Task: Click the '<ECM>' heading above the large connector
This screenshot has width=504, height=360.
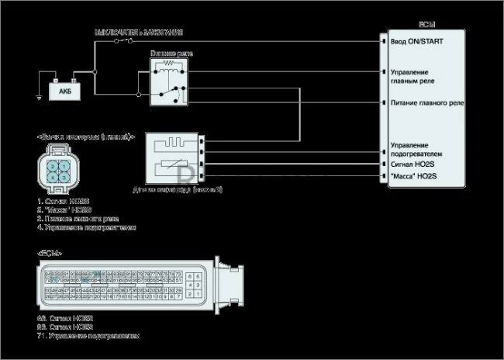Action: point(50,254)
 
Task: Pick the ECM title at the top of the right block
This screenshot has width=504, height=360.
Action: point(427,25)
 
